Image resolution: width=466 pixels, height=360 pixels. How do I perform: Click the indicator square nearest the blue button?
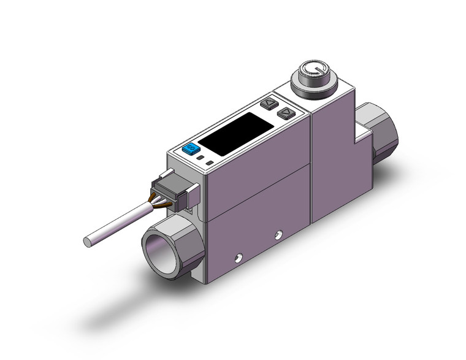point(202,158)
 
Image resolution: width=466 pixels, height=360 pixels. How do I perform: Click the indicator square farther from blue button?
point(210,163)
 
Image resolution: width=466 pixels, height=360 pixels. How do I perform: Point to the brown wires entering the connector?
point(156,198)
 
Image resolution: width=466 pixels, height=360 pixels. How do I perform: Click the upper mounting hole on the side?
point(280,233)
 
